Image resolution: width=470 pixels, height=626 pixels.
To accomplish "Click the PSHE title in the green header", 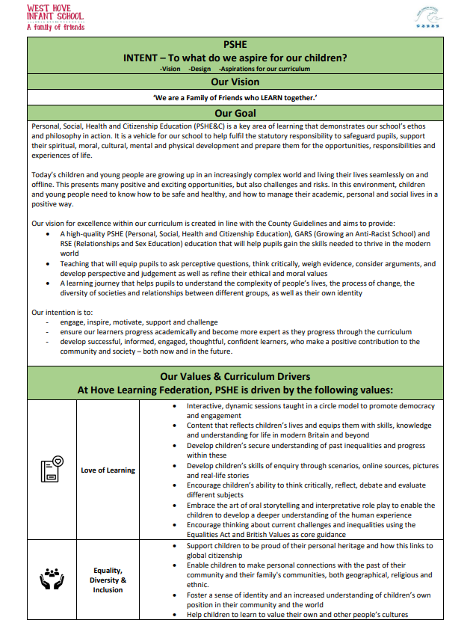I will click(x=235, y=45).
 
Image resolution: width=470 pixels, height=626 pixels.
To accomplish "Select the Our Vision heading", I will click(x=235, y=82).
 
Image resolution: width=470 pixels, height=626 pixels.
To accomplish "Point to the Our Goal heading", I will click(x=235, y=113).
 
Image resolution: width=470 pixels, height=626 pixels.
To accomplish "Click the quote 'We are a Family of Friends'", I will click(x=235, y=97).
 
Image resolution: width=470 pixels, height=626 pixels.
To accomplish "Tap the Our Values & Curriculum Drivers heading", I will click(x=235, y=376).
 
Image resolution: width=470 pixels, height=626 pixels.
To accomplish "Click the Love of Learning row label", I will click(x=108, y=470).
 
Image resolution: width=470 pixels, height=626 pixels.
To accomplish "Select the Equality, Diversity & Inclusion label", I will click(x=108, y=580).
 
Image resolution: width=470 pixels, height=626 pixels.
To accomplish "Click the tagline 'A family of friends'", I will click(x=55, y=28).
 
